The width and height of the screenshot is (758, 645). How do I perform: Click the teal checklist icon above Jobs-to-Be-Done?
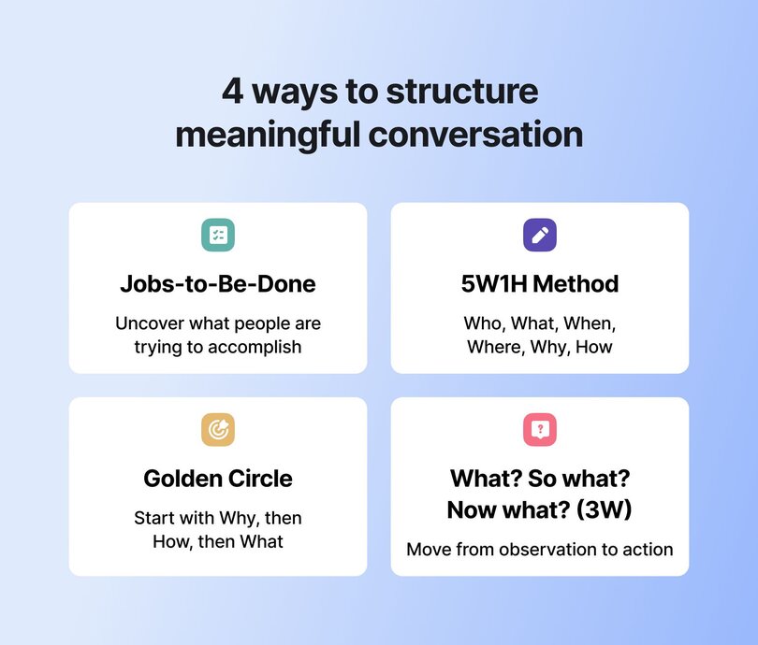(218, 235)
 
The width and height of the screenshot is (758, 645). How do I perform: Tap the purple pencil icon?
(539, 235)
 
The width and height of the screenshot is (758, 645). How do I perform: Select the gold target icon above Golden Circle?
(218, 429)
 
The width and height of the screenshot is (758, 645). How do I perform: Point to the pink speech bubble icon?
(539, 429)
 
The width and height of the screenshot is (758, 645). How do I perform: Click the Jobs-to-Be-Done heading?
(218, 284)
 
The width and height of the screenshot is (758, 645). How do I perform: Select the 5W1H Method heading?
(540, 284)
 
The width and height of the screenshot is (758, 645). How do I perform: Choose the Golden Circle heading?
(218, 479)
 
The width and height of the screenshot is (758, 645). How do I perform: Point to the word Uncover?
(147, 323)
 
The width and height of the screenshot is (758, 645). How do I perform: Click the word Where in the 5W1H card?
(492, 347)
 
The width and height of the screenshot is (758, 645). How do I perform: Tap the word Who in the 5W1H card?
(482, 323)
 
